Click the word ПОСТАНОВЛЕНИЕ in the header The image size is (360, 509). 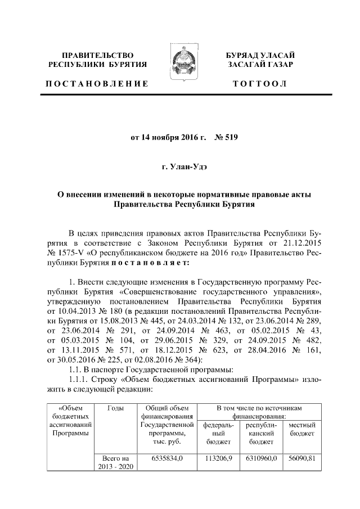click(x=96, y=84)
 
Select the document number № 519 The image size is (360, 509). click(x=227, y=137)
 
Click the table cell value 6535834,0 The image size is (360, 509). click(x=167, y=459)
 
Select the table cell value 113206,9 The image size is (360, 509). click(x=218, y=459)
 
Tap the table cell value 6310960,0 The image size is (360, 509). click(x=260, y=459)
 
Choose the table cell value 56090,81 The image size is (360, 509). click(x=301, y=459)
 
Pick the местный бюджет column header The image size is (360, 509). click(x=301, y=430)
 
